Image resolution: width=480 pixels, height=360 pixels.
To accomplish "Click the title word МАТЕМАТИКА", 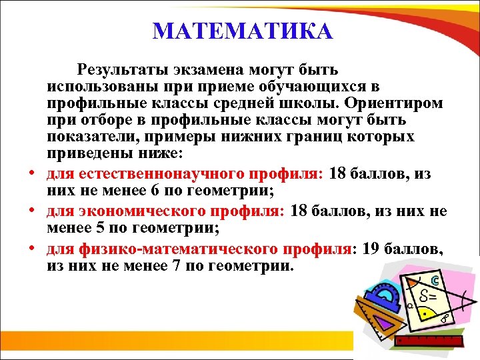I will (x=242, y=31).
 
